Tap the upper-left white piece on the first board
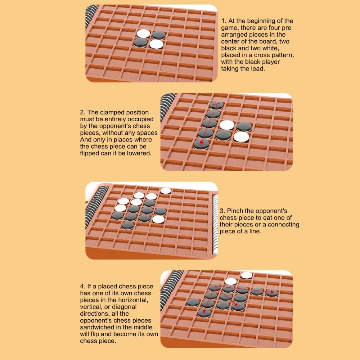tap(143, 34)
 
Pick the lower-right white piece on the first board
tap(156, 44)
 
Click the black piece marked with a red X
tap(216, 105)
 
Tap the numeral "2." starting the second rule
tap(83, 112)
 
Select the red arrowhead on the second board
tap(201, 142)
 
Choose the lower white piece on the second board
tap(241, 137)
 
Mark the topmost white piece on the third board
tap(166, 191)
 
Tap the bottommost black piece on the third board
tap(128, 225)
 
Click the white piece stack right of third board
tap(215, 225)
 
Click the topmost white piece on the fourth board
tap(247, 275)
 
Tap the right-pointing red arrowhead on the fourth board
tap(272, 292)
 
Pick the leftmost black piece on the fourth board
tap(193, 302)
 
